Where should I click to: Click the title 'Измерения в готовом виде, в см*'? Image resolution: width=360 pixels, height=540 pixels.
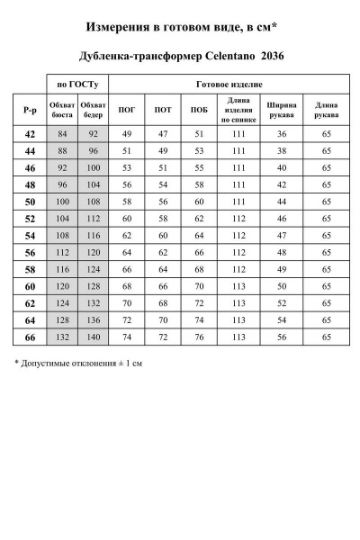coord(180,28)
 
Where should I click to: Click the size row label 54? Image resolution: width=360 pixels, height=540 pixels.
coord(31,235)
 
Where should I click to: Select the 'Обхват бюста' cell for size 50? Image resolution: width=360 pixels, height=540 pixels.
coord(63,201)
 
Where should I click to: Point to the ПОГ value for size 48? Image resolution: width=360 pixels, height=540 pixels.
coord(127,184)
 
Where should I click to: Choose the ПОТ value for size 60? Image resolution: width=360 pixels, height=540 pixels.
coord(163,285)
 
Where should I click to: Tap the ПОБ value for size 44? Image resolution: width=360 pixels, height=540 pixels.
coord(199,150)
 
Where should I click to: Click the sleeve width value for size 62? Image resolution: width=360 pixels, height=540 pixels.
coord(282,302)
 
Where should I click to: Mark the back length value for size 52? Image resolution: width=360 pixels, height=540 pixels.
coord(238,218)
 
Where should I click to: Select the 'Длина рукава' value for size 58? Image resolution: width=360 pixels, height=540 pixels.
coord(327,268)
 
